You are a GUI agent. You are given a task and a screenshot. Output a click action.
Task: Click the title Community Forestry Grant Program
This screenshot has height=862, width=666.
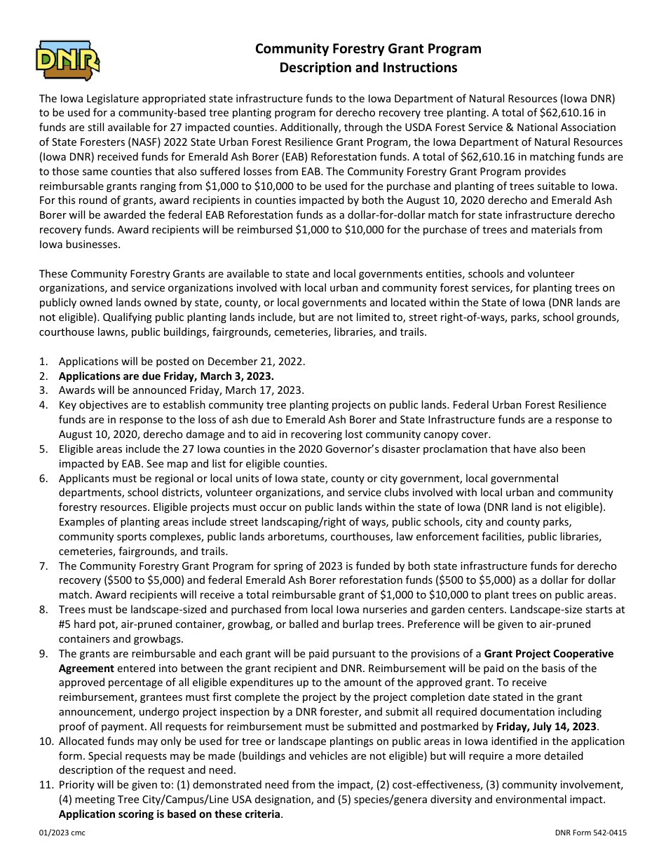tap(368, 48)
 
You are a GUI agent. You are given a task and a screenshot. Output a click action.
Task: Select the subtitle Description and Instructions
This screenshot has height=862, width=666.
tap(368, 67)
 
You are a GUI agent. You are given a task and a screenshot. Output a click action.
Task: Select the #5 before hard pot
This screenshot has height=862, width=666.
tap(65, 623)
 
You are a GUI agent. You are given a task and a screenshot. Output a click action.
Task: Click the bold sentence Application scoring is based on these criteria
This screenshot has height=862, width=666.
tap(170, 814)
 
